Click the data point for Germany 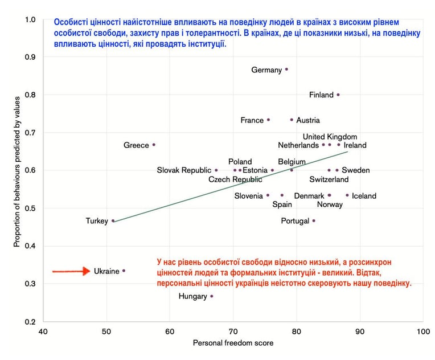pyautogui.click(x=286, y=69)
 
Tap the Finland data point pyautogui.click(x=338, y=95)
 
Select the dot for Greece pyautogui.click(x=154, y=145)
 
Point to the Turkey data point pyautogui.click(x=113, y=221)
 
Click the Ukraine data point pyautogui.click(x=124, y=271)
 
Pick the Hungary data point pyautogui.click(x=212, y=296)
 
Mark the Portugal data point pyautogui.click(x=314, y=220)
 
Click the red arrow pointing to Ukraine pyautogui.click(x=71, y=271)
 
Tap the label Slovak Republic pyautogui.click(x=184, y=170)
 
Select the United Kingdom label pyautogui.click(x=330, y=137)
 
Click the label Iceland pyautogui.click(x=364, y=196)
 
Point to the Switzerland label pyautogui.click(x=329, y=179)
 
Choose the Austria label pyautogui.click(x=308, y=120)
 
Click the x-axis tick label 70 pyautogui.click(x=233, y=332)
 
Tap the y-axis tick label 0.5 pyautogui.click(x=30, y=208)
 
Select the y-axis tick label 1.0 pyautogui.click(x=30, y=19)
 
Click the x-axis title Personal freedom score pyautogui.click(x=233, y=343)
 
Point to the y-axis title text pyautogui.click(x=17, y=172)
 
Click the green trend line pyautogui.click(x=230, y=187)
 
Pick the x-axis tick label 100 pyautogui.click(x=424, y=332)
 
